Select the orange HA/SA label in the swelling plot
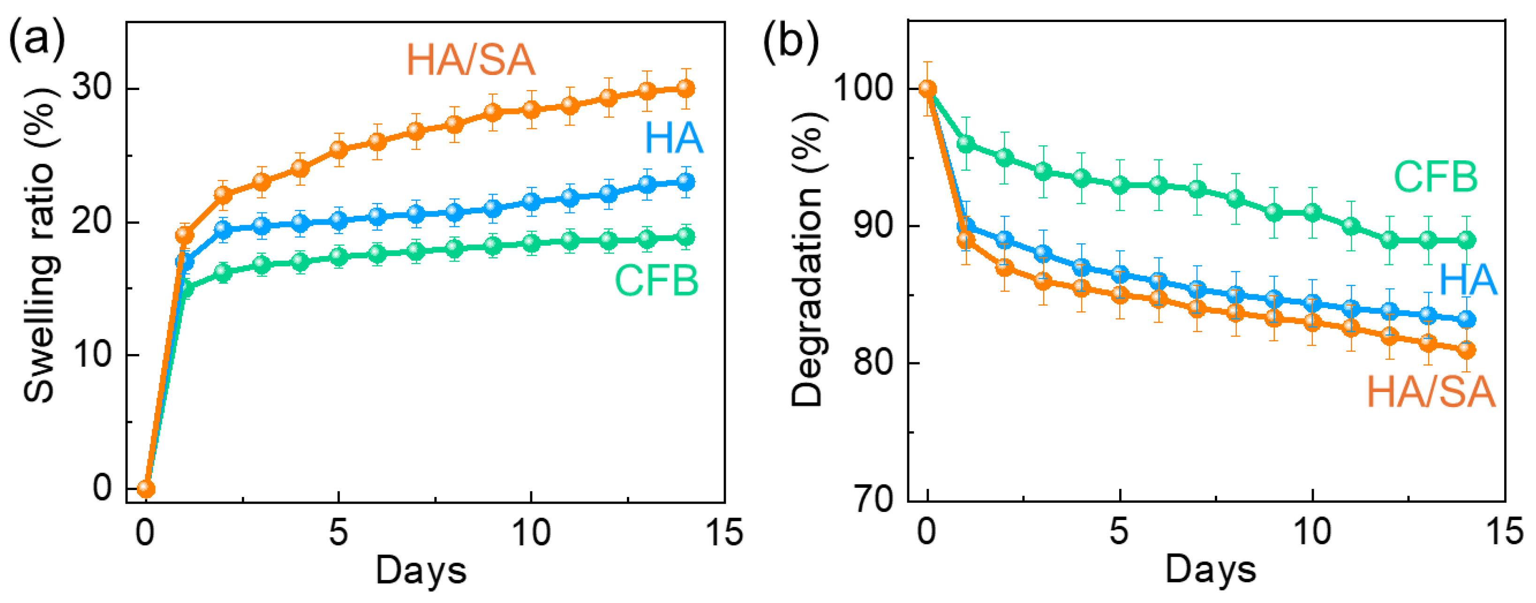[x=471, y=60]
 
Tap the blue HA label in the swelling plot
[x=674, y=138]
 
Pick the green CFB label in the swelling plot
[x=656, y=280]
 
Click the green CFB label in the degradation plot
[x=1436, y=177]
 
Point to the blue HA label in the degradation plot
[x=1468, y=279]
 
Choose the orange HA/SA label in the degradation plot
[x=1431, y=392]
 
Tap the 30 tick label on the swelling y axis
[x=92, y=88]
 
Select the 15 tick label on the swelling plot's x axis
[x=724, y=532]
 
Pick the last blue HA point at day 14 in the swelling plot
[x=685, y=181]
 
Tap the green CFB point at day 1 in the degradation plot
[x=966, y=144]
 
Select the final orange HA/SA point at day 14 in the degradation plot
[x=1466, y=350]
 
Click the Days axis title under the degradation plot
[x=1211, y=570]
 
